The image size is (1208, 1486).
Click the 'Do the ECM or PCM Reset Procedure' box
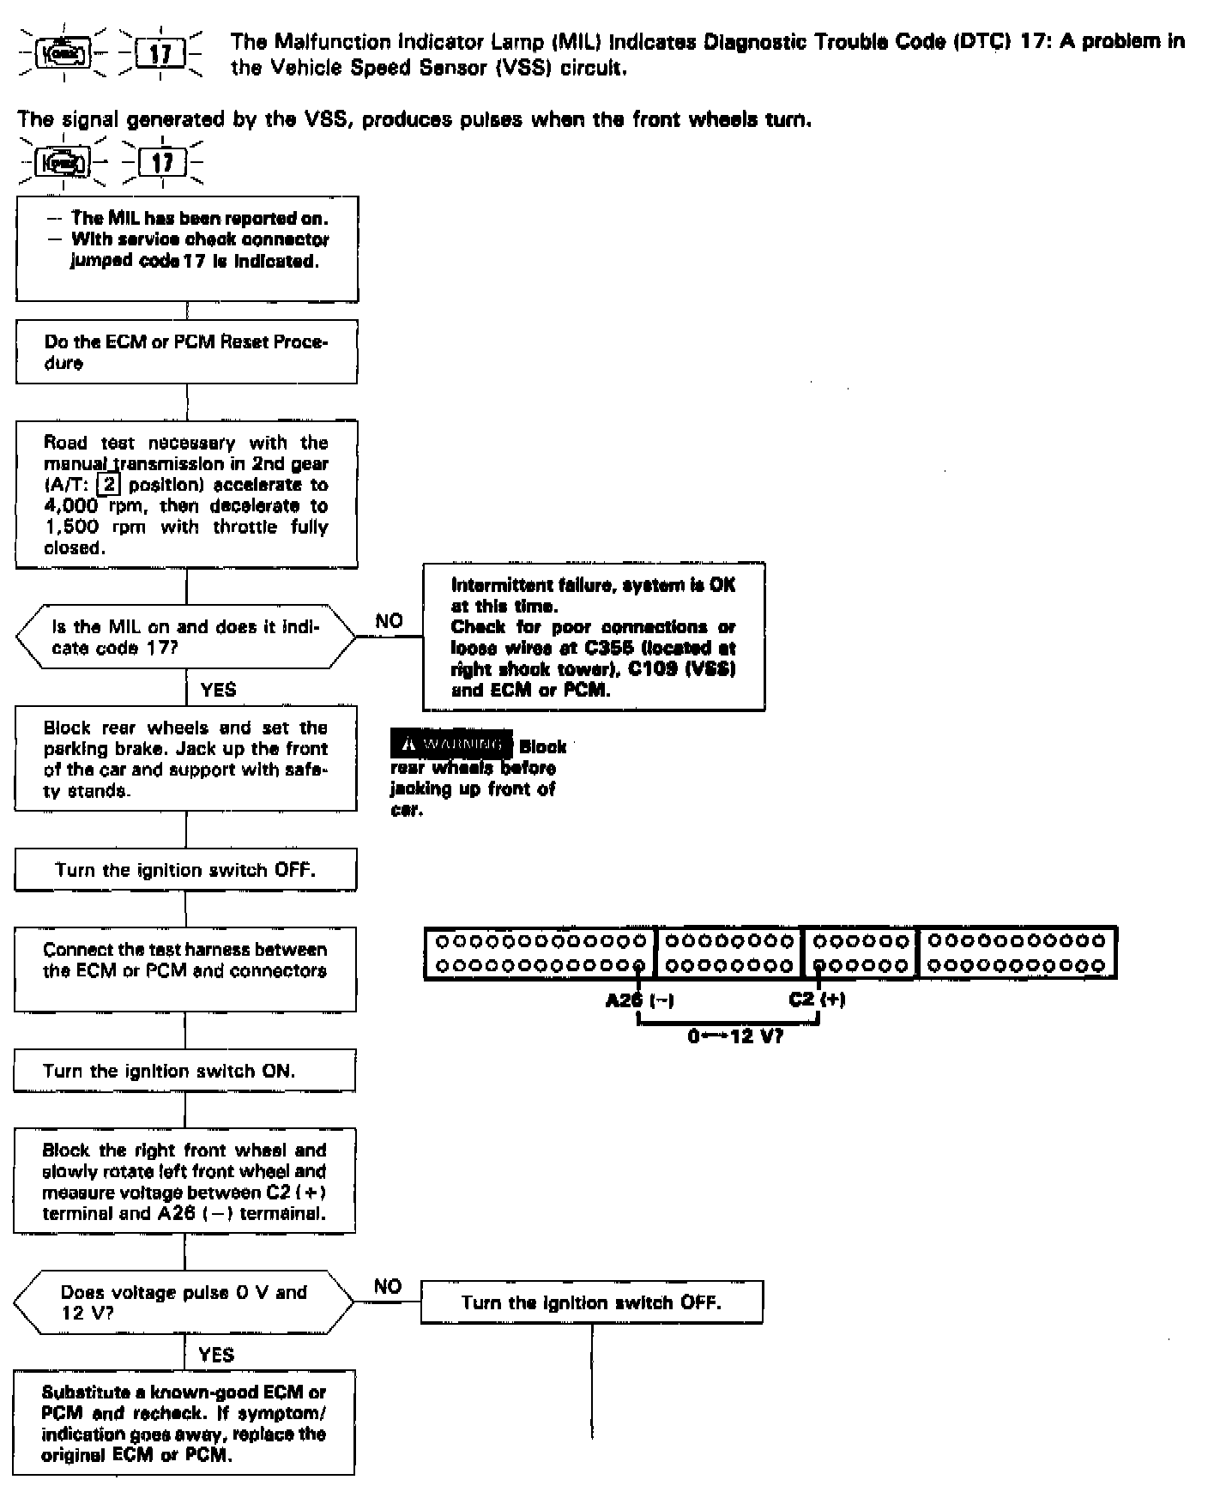[186, 352]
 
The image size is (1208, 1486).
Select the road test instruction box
[186, 494]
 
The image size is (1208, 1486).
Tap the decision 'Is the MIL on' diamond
[185, 637]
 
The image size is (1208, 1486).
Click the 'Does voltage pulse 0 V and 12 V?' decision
[184, 1302]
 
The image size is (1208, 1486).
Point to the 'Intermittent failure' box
[593, 637]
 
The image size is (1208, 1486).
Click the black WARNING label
[451, 745]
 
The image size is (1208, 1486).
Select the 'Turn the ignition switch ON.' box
[184, 1071]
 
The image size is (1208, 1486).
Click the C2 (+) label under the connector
[816, 1000]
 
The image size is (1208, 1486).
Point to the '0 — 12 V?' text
[734, 1036]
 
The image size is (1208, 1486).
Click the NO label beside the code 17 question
[389, 621]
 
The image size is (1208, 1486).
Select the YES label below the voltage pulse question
[215, 1355]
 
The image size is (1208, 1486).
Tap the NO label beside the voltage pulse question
[388, 1286]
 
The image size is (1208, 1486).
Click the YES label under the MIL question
[218, 690]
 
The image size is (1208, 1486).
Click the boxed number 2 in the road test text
[109, 485]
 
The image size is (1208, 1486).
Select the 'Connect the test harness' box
[185, 969]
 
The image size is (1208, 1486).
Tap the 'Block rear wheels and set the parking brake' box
[185, 759]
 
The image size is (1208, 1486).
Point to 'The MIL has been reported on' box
[187, 249]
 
